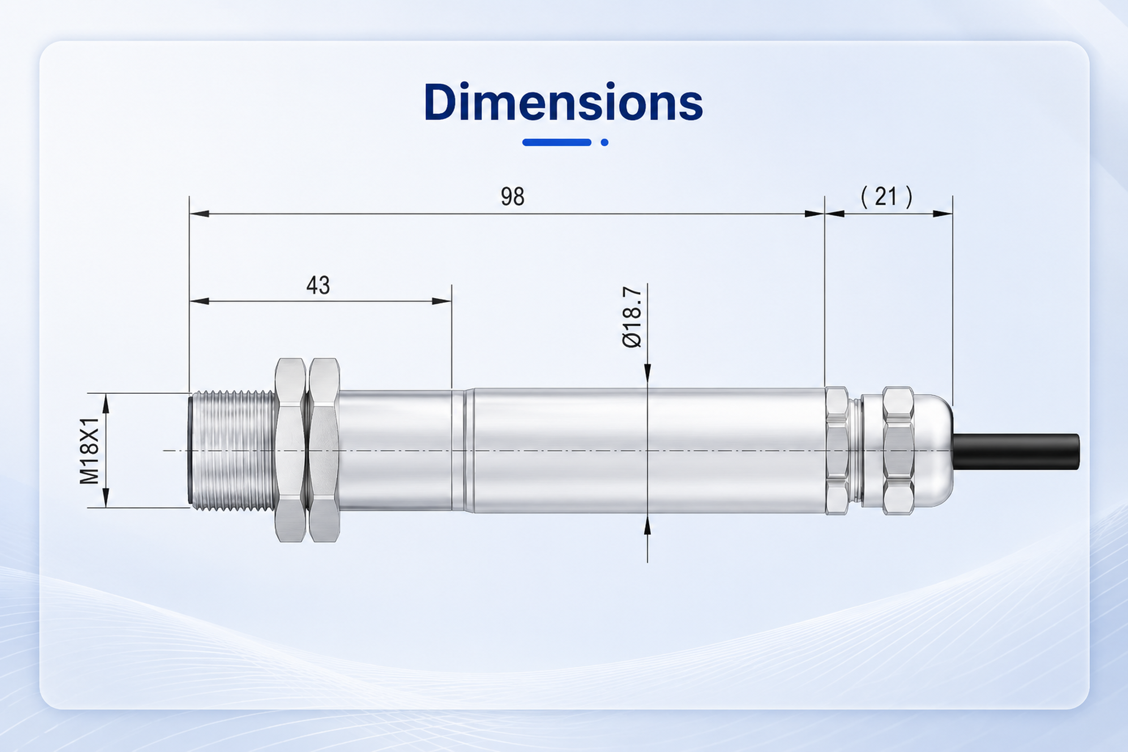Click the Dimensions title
pyautogui.click(x=564, y=102)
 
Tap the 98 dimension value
pyautogui.click(x=513, y=196)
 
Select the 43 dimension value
pyautogui.click(x=319, y=285)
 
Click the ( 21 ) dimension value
pyautogui.click(x=887, y=196)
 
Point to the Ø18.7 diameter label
pyautogui.click(x=632, y=317)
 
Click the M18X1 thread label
pyautogui.click(x=89, y=451)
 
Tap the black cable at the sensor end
pyautogui.click(x=1016, y=452)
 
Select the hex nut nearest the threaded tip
pyautogui.click(x=290, y=450)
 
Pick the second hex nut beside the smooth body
pyautogui.click(x=324, y=450)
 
